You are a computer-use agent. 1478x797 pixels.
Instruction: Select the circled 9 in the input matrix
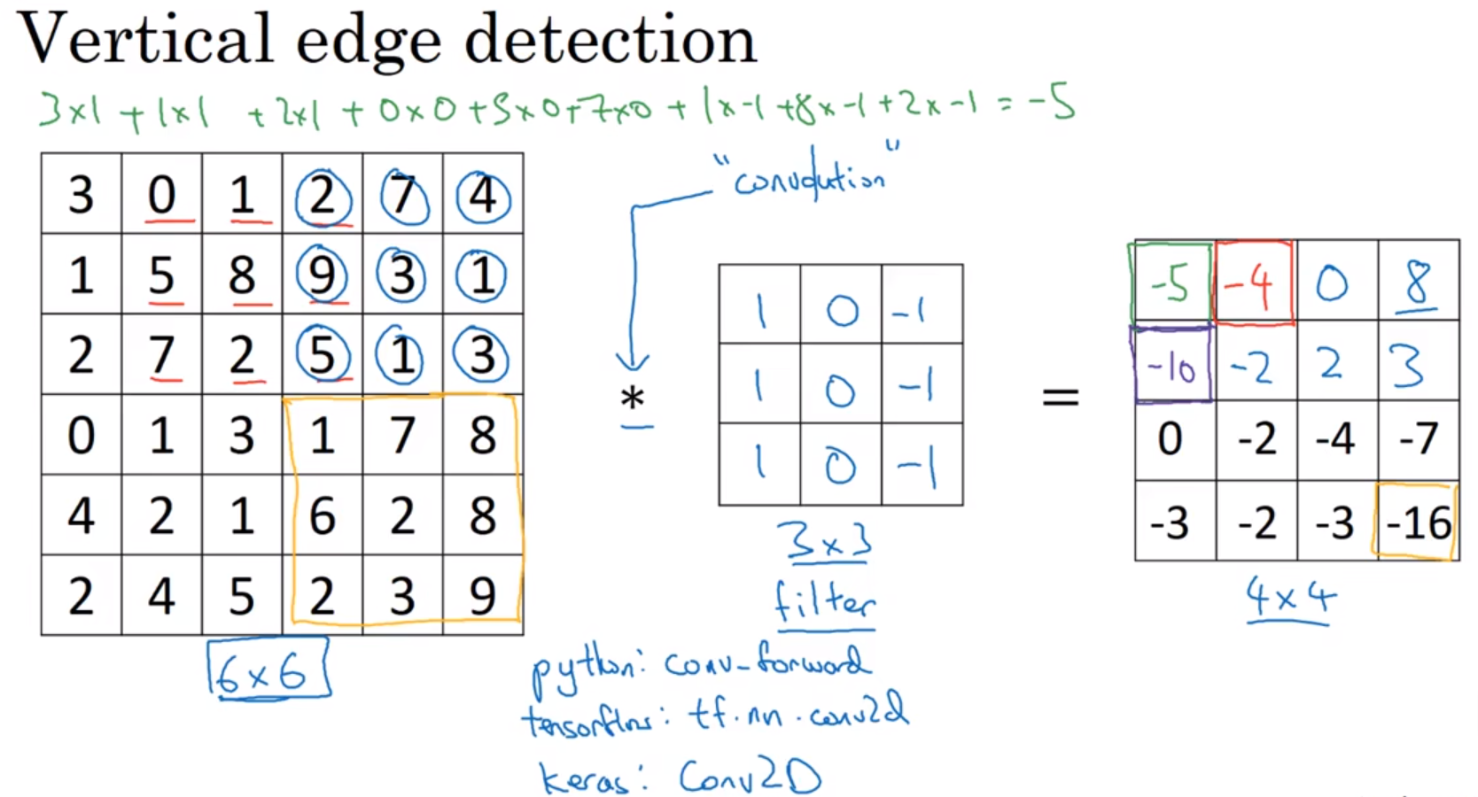click(x=322, y=275)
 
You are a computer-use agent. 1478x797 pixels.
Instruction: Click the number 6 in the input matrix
click(x=322, y=515)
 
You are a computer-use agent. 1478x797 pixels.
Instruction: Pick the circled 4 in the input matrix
click(x=483, y=196)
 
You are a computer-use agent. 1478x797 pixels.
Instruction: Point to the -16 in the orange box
click(x=1418, y=522)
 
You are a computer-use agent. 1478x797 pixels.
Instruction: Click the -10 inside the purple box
click(x=1171, y=366)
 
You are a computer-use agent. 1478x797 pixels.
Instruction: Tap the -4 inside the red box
click(x=1251, y=283)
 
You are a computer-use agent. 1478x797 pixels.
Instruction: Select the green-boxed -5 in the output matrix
click(x=1171, y=283)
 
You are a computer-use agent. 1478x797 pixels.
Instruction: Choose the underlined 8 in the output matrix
click(x=1418, y=283)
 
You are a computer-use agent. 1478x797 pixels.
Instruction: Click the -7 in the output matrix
click(x=1418, y=439)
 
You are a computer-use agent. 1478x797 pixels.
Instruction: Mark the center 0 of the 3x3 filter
click(x=840, y=389)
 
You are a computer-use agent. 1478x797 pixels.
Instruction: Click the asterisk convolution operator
click(x=633, y=399)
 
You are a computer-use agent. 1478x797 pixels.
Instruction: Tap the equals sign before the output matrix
click(x=1060, y=396)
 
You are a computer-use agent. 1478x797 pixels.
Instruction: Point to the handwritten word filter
click(x=825, y=602)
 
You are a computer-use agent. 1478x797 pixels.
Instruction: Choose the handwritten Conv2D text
click(x=750, y=778)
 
